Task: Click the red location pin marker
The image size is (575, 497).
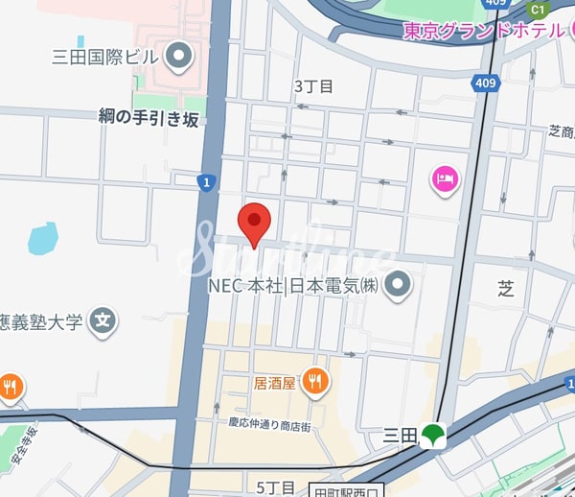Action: [254, 224]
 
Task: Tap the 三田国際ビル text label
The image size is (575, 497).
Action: [103, 57]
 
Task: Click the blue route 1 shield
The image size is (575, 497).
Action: [205, 181]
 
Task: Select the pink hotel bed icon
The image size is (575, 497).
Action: [446, 178]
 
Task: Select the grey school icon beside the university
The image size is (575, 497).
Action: [103, 321]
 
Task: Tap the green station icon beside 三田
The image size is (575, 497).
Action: [432, 436]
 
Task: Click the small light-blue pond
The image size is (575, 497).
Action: [42, 238]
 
